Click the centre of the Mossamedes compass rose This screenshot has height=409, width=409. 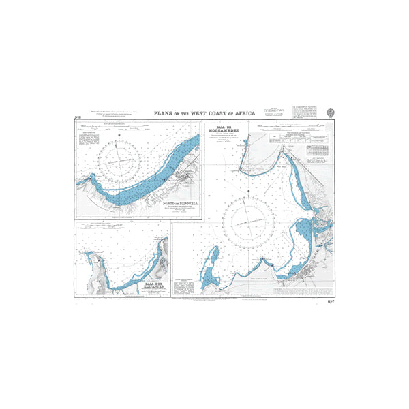click(x=252, y=220)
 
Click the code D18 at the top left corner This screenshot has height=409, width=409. click(x=78, y=119)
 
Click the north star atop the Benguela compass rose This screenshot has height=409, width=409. click(x=121, y=135)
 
